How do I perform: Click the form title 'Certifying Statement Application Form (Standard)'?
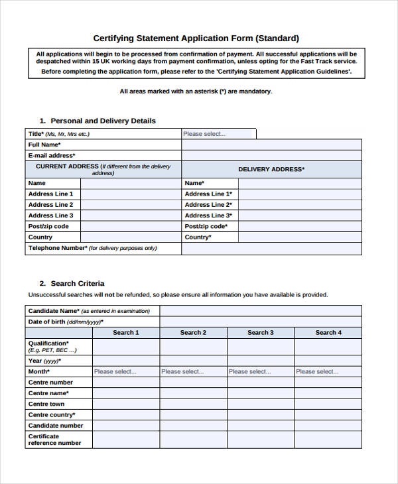tap(196, 38)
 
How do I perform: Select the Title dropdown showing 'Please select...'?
tap(218, 134)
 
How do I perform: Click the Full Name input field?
tap(271, 145)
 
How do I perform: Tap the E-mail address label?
tap(50, 155)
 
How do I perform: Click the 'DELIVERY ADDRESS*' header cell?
tap(271, 169)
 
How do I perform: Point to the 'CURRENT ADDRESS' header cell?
tap(103, 169)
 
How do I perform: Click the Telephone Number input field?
tap(271, 248)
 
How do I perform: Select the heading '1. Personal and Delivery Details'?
tap(98, 121)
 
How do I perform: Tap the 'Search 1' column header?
tap(125, 332)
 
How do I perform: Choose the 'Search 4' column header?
tap(328, 332)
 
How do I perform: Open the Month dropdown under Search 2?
tap(193, 372)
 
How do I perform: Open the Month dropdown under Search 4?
tap(328, 372)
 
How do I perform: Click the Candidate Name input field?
tap(260, 310)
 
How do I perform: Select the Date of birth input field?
tap(260, 322)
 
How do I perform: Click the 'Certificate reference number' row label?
tap(54, 440)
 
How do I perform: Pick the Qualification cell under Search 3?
tap(261, 347)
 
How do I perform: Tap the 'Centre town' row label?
tap(46, 404)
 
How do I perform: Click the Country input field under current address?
tap(130, 237)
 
